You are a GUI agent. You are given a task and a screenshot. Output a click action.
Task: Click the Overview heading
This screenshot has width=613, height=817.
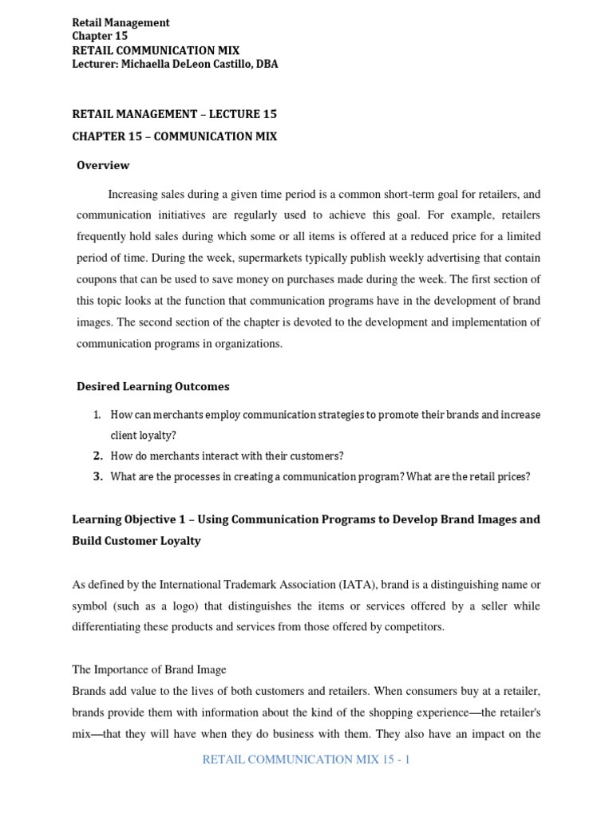coord(103,165)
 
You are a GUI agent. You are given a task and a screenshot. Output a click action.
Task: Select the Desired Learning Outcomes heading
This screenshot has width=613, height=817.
coord(152,386)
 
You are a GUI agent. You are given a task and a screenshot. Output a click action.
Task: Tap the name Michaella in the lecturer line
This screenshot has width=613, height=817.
coord(148,65)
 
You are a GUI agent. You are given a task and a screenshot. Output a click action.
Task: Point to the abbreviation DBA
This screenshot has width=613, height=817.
coord(265,65)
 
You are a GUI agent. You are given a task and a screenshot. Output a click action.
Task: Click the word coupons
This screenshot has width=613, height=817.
coord(99,278)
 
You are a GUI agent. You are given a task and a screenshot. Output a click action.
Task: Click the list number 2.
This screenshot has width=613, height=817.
coord(98,456)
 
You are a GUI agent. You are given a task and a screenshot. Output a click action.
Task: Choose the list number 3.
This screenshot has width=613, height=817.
coord(98,476)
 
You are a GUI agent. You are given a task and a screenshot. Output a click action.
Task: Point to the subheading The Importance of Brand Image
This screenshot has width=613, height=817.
coord(149,669)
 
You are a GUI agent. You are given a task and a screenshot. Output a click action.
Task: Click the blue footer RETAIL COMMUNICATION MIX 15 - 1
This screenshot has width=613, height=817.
coord(306,760)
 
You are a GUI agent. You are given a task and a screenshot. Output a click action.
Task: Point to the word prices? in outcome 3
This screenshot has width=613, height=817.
coord(513,476)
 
